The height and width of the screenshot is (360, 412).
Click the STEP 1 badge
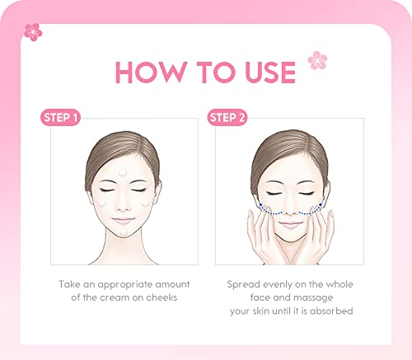pos(61,118)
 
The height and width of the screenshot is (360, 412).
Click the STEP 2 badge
pos(227,118)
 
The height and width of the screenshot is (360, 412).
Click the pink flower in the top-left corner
pos(33,31)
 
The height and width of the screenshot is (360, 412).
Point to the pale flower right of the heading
pos(316,59)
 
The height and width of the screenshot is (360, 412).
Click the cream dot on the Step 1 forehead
pos(124,173)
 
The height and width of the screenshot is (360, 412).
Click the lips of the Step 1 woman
pos(124,222)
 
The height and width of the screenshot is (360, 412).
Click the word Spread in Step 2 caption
pos(244,284)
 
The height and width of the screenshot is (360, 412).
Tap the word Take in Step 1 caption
pos(70,284)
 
